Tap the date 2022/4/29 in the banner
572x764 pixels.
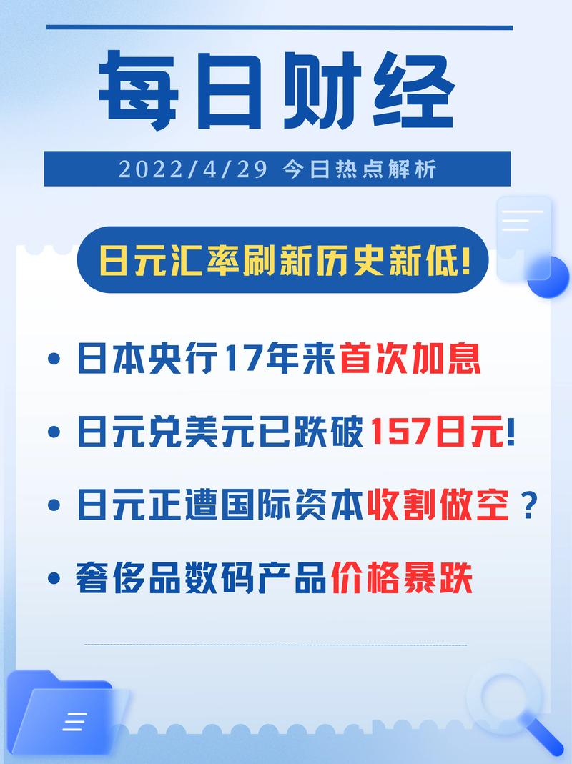tap(193, 169)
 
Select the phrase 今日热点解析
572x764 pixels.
tap(358, 169)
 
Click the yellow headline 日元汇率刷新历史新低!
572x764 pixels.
tap(286, 259)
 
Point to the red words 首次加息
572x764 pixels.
tap(410, 359)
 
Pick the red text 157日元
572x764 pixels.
tap(436, 432)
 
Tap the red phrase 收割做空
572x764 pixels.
tap(437, 506)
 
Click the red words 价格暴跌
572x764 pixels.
tap(401, 579)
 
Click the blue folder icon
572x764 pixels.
tap(68, 715)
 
